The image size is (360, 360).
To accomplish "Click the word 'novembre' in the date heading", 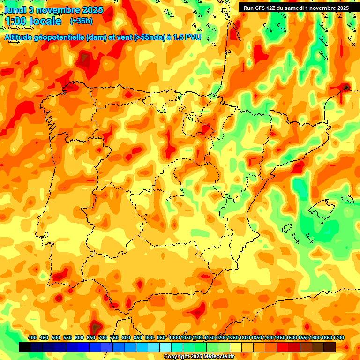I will [57, 10].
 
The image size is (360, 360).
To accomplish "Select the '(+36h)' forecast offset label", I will [81, 21].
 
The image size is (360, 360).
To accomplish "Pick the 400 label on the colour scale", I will [32, 337].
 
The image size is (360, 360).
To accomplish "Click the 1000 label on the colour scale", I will [174, 337].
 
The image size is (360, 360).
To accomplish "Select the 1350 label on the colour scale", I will [256, 337].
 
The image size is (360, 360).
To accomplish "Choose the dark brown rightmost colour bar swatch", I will [330, 347].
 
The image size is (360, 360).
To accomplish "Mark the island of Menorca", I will [347, 199].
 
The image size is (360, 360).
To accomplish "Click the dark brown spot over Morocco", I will [95, 327].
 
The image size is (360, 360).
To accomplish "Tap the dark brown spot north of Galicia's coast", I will [85, 59].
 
